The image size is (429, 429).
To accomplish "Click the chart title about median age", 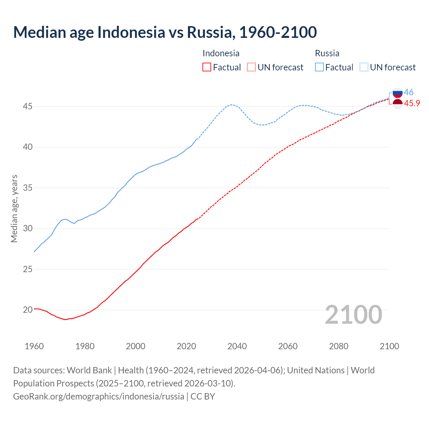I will click(165, 32).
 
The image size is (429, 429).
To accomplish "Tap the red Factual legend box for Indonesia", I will click(207, 67).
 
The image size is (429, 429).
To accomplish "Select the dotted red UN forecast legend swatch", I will click(251, 67).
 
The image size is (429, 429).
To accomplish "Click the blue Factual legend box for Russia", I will click(319, 67).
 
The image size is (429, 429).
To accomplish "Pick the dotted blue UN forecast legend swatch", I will click(364, 67).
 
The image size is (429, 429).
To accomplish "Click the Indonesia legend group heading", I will click(221, 53).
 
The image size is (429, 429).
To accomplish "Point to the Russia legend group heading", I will click(327, 53).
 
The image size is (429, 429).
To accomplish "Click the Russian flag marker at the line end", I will click(397, 93).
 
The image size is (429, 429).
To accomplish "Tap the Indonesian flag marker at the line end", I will click(397, 104).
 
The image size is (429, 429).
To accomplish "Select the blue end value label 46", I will click(409, 92).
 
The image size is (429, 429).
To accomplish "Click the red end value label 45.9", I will click(412, 103).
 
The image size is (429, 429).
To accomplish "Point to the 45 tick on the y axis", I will click(28, 107).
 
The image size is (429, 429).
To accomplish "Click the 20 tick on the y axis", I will click(28, 310).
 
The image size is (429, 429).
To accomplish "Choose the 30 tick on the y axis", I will click(28, 229).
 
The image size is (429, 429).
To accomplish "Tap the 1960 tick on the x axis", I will click(34, 346).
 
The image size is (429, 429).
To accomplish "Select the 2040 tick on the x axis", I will click(237, 346).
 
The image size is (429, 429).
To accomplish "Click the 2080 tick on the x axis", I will click(339, 346).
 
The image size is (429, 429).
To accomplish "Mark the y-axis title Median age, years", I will click(14, 208).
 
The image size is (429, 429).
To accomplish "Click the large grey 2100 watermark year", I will click(354, 314).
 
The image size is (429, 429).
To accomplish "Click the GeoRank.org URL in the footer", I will click(99, 396).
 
